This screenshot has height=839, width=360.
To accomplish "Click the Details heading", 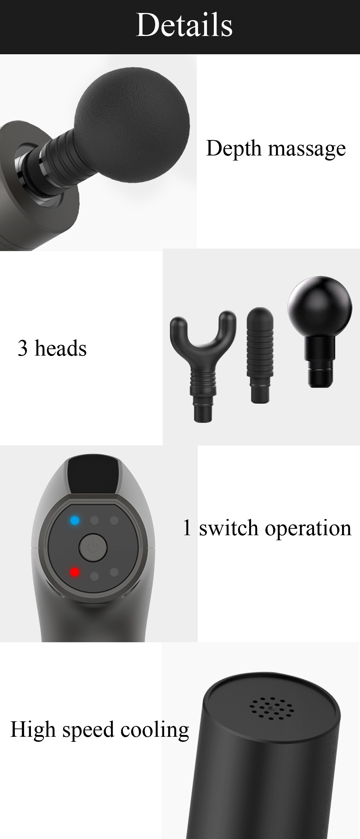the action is [184, 25].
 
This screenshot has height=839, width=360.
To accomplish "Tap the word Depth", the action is [234, 149].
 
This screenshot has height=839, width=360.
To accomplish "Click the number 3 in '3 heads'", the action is [23, 348].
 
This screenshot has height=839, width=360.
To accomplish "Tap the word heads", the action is [60, 348].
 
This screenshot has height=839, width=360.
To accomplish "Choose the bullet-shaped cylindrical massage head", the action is [260, 355].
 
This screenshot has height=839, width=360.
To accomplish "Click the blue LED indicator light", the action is [75, 520].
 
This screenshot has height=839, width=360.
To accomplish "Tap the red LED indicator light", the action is [75, 572].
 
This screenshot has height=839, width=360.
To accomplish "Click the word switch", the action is [229, 528].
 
